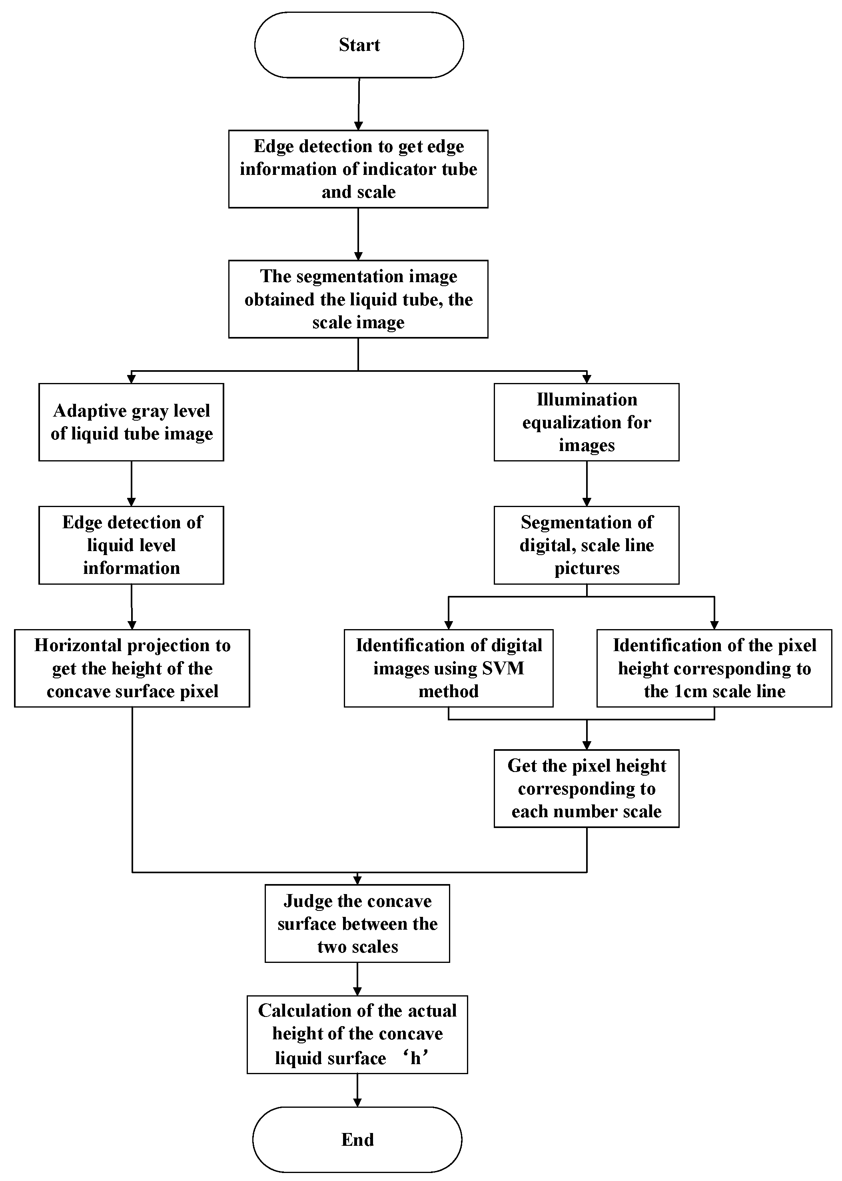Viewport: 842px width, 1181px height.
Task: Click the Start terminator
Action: click(359, 45)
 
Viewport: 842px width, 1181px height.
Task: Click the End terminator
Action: click(357, 1139)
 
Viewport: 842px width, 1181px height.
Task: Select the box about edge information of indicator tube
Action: click(358, 169)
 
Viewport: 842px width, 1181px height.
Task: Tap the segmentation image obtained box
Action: click(358, 299)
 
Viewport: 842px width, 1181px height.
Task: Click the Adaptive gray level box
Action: click(131, 422)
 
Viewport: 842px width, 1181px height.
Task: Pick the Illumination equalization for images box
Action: click(587, 422)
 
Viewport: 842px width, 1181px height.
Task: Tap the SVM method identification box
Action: click(449, 668)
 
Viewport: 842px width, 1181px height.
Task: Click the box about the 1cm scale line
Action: click(714, 668)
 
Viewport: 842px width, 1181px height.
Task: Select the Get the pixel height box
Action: click(587, 788)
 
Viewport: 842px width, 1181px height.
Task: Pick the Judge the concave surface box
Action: click(357, 924)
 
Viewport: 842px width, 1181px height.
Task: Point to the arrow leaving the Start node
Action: click(358, 104)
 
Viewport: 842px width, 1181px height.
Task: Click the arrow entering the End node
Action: click(357, 1090)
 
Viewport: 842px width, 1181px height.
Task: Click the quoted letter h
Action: click(415, 1058)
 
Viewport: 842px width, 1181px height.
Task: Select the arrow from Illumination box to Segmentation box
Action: click(587, 483)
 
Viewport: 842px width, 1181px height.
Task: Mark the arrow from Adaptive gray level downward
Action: click(131, 483)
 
